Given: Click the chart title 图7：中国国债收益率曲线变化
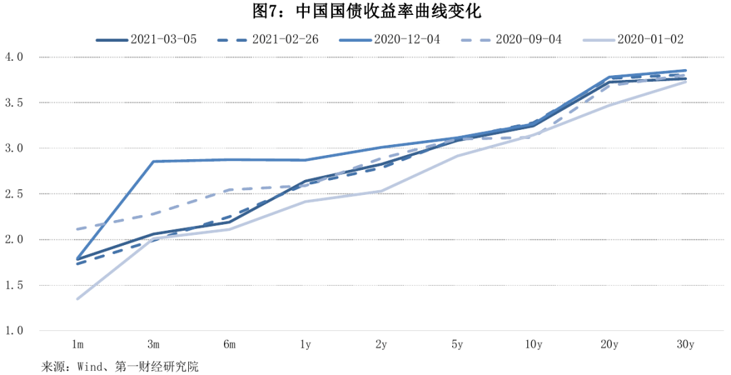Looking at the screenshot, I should click(365, 12).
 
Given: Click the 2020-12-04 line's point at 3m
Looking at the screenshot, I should click(154, 162).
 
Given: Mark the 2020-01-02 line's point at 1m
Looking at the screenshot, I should click(77, 299).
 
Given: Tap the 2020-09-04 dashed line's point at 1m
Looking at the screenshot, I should click(77, 229).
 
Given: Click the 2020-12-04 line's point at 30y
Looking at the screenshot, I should click(686, 70).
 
